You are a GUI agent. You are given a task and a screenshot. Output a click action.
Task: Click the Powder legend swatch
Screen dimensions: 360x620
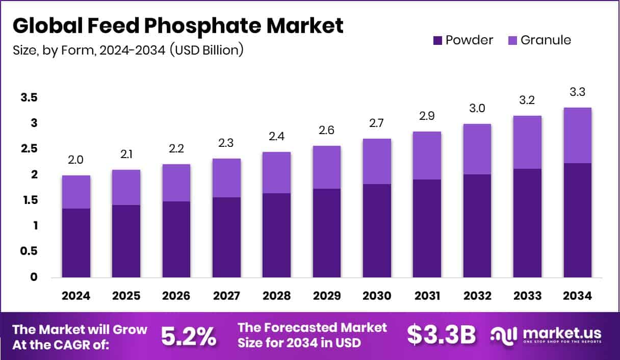coord(437,40)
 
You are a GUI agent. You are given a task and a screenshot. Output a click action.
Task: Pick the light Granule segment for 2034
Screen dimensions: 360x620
coord(577,135)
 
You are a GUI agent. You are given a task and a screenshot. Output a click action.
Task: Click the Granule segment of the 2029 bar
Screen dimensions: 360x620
coord(326,167)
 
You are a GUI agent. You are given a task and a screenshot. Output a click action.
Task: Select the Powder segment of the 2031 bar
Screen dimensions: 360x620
coord(427,228)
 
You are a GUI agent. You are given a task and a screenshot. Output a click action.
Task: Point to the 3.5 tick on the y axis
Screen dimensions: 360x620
coord(29,97)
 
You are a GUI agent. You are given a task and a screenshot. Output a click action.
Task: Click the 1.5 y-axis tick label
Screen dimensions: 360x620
coord(29,200)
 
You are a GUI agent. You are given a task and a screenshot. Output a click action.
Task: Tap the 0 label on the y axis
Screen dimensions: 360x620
coord(34,277)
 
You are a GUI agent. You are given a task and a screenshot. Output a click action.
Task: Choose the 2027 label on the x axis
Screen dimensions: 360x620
coord(226,296)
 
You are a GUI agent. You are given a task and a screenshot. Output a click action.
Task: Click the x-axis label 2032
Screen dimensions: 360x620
coord(477,296)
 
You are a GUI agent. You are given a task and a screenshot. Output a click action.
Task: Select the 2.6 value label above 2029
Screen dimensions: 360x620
coord(326,131)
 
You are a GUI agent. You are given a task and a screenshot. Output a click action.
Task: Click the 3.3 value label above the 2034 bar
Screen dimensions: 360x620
coord(577,93)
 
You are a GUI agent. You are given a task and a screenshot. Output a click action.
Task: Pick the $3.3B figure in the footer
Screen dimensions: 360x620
coord(442,335)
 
